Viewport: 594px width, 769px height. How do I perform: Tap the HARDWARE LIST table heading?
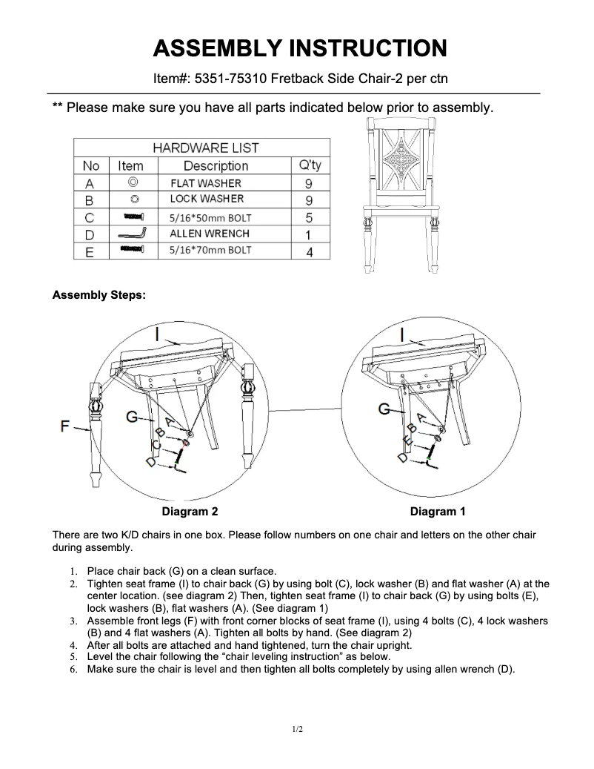coord(205,148)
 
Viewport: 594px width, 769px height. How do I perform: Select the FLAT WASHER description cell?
coord(205,182)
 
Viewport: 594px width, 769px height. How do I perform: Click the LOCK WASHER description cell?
coord(206,199)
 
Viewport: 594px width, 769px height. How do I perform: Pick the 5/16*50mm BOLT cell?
coord(210,217)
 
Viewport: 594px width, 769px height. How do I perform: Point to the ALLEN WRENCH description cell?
coord(210,234)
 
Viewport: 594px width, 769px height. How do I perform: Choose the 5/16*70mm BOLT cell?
coord(210,251)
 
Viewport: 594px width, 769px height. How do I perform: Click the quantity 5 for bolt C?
coord(309,217)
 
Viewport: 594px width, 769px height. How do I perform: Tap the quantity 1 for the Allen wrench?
coord(309,234)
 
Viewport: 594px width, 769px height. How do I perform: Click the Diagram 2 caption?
coord(190,512)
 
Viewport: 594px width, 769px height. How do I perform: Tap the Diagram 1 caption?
coord(438,512)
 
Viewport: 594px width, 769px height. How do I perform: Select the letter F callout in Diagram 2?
coord(64,426)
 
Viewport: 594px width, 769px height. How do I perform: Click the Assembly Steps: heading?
coord(99,295)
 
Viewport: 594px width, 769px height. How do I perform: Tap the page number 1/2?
coord(297,730)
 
